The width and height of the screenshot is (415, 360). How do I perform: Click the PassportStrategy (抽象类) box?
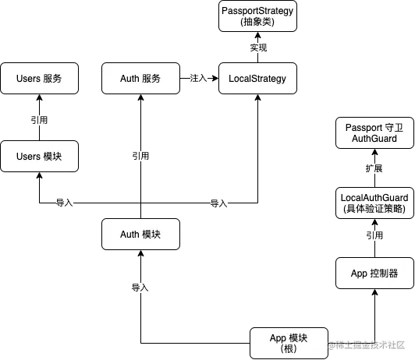coord(257,16)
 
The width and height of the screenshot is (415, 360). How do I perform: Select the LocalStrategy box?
coord(257,78)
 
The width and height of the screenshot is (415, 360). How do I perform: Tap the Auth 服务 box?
coord(140,78)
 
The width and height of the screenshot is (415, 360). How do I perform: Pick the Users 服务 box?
coord(40,78)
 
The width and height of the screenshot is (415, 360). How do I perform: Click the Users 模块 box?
coord(40,156)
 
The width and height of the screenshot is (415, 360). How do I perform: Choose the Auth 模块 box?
coord(140,234)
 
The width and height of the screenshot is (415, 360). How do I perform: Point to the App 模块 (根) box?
coord(289,343)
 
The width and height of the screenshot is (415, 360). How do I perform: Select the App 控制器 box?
coord(374,273)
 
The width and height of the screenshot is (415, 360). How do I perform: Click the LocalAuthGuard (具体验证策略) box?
coord(374,203)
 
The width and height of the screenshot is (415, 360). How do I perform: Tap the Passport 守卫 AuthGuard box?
coord(374,133)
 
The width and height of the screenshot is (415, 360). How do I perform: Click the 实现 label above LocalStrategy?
coord(258,48)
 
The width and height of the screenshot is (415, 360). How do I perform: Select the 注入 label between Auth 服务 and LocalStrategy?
coord(198,78)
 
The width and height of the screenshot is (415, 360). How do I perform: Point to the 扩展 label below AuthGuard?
coord(374,168)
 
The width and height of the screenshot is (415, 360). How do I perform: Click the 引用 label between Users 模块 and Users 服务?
coord(39,120)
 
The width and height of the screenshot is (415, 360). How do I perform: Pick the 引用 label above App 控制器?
coord(374,235)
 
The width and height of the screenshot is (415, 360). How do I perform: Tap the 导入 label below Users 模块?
coord(64,203)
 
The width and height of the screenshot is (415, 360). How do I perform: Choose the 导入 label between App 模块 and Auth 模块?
coord(140,288)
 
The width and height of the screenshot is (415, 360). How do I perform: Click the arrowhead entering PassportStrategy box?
coord(257,35)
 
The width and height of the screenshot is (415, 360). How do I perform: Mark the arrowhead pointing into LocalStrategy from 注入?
coord(215,78)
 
